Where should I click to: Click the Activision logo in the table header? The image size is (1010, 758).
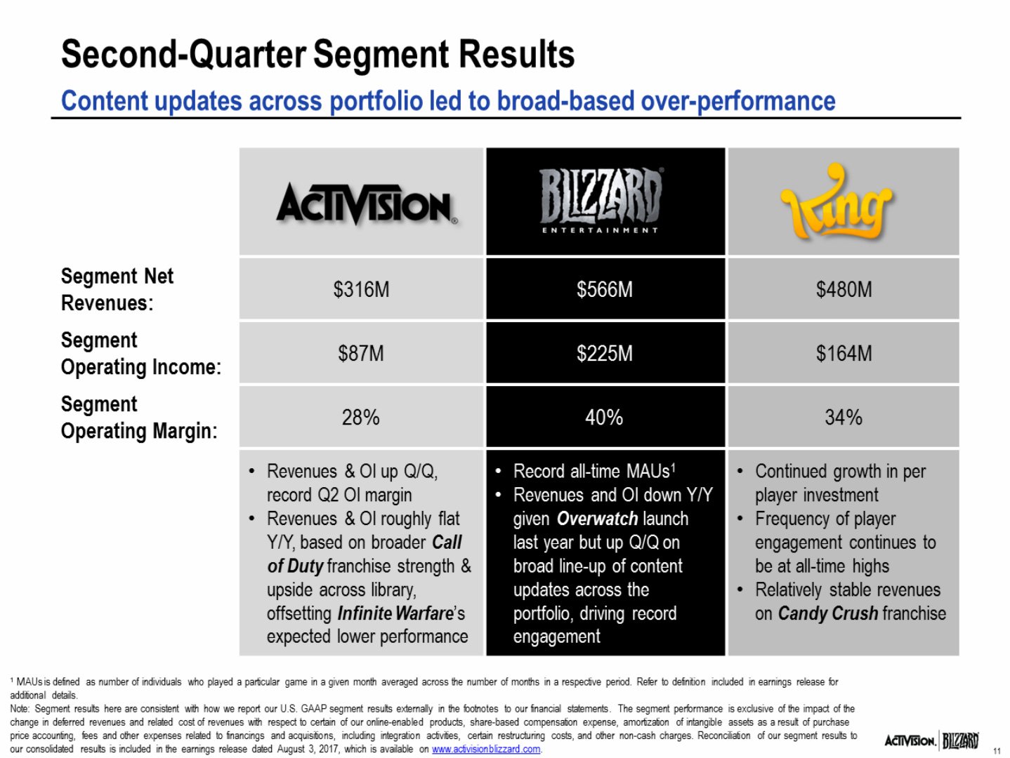[367, 204]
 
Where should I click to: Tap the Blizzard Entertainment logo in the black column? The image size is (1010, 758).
[601, 200]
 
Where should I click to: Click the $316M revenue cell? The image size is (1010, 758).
[361, 289]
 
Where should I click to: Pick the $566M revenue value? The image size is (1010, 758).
[604, 289]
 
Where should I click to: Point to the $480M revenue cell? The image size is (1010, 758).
[844, 289]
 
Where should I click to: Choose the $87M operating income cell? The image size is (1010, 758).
[361, 353]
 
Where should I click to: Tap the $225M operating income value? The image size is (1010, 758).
[604, 353]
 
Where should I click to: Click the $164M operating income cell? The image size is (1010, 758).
[844, 353]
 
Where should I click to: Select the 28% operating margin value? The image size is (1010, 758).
[360, 418]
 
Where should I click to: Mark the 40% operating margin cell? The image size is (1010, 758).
[604, 418]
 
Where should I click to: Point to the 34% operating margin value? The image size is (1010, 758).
[844, 418]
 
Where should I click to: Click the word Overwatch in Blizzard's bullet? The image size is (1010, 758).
[597, 519]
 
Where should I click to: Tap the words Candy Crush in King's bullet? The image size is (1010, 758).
[827, 613]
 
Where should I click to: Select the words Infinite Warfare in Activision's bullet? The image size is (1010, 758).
[395, 613]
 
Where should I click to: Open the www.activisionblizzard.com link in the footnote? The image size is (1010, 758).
[486, 749]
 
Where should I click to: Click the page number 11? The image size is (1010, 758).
[997, 751]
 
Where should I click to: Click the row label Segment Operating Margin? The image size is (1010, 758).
[139, 418]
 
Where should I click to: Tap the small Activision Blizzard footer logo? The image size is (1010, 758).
[931, 740]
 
